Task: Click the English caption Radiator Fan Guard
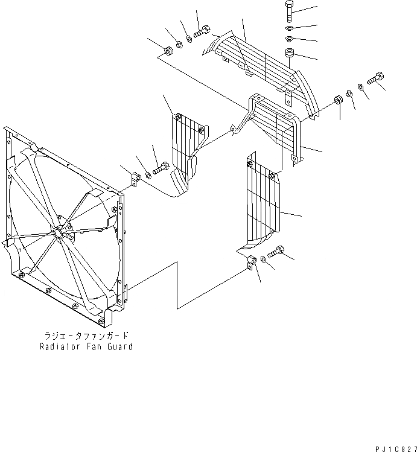point(86,347)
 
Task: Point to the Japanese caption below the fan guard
point(86,336)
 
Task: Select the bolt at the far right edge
point(377,78)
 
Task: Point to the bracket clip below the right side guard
point(252,264)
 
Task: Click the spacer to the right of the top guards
point(340,100)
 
